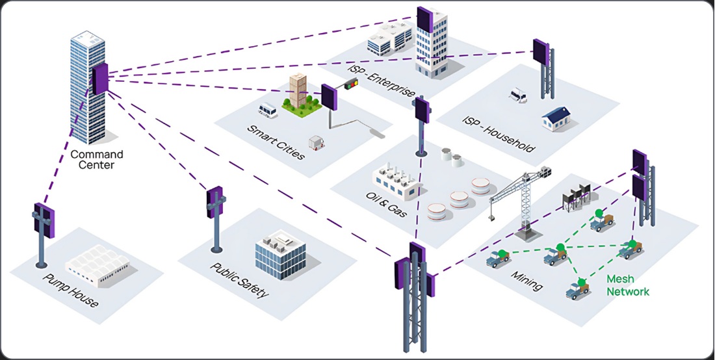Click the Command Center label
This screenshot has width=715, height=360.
coord(96,159)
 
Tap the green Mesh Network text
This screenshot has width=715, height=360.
coord(627,285)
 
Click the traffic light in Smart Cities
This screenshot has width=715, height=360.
coord(351,83)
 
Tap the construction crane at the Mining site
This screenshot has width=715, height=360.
coord(520,195)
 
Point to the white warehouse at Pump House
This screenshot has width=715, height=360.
coord(97,268)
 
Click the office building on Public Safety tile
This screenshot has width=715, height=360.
coord(280,253)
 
